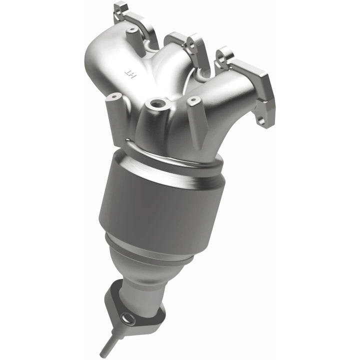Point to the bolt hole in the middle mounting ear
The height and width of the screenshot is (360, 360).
pyautogui.click(x=189, y=44)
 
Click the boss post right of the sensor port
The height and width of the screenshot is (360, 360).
pyautogui.click(x=193, y=102)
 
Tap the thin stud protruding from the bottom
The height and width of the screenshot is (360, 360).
pyautogui.click(x=107, y=348)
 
